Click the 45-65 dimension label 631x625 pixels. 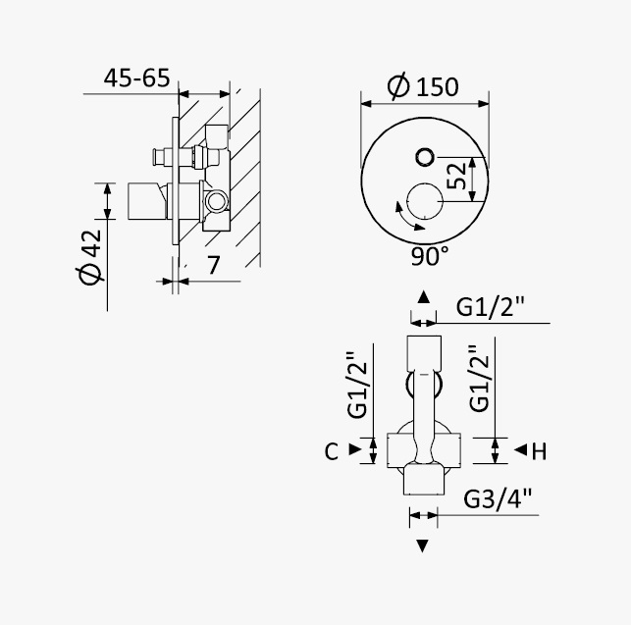coord(136,78)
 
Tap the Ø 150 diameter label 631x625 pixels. coord(423,85)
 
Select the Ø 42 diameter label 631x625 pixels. coord(90,257)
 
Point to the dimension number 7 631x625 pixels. coord(213,264)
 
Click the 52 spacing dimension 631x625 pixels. coord(456,177)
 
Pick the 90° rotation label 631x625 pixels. coord(430,256)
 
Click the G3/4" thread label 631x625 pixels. coord(498,499)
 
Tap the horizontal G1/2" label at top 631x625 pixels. coord(490,307)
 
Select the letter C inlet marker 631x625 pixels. coord(331,451)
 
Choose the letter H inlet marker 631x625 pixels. coord(539,451)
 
